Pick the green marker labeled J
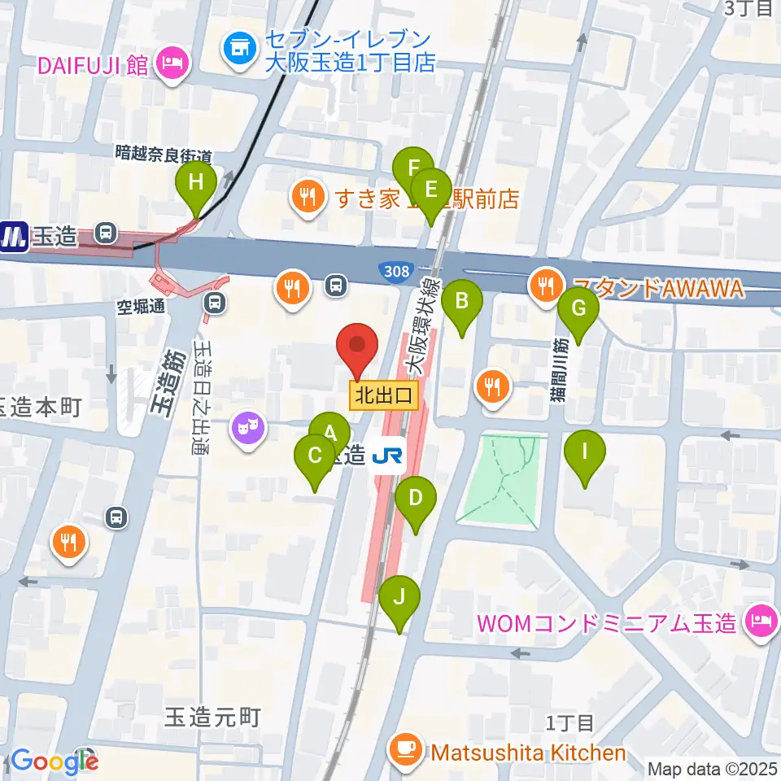[399, 598]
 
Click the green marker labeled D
[416, 499]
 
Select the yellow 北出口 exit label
[384, 396]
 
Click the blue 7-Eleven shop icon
[239, 50]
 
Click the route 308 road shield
[397, 269]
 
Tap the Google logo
[54, 761]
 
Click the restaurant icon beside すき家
[306, 196]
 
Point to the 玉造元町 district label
[212, 717]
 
